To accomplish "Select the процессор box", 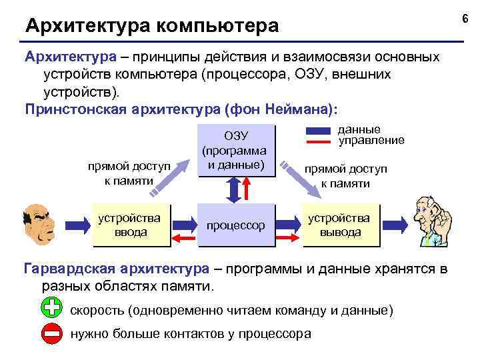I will tap(235, 225).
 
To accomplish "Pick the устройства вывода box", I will tap(340, 225).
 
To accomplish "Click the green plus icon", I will tap(51, 310).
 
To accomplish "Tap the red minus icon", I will tap(51, 333).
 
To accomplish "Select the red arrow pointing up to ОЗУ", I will tap(248, 191).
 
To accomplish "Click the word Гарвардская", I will tap(73, 269).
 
